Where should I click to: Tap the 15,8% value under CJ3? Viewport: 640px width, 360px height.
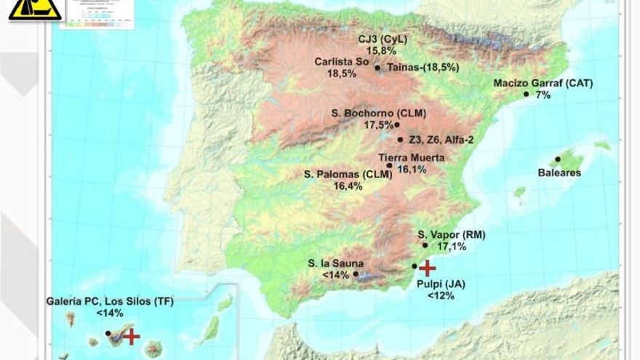click(x=381, y=51)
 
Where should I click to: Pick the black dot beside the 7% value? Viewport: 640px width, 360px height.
click(x=526, y=94)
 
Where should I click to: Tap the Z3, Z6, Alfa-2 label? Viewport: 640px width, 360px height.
click(x=441, y=140)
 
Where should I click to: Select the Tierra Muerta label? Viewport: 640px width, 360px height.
click(x=412, y=158)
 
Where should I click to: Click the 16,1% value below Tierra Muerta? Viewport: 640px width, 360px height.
click(x=412, y=169)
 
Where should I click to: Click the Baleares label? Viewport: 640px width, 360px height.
click(x=559, y=172)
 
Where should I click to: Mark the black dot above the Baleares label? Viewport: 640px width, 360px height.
click(x=558, y=159)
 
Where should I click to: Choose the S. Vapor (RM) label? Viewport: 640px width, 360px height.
click(x=452, y=235)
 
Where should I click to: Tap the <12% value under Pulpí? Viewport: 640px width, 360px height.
click(x=441, y=296)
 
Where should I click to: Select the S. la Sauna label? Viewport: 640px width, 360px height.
click(x=335, y=263)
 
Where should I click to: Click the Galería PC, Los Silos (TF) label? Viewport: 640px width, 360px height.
click(x=110, y=301)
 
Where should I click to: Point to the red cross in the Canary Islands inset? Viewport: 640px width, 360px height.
click(x=131, y=336)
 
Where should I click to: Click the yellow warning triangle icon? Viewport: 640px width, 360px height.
click(x=33, y=9)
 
